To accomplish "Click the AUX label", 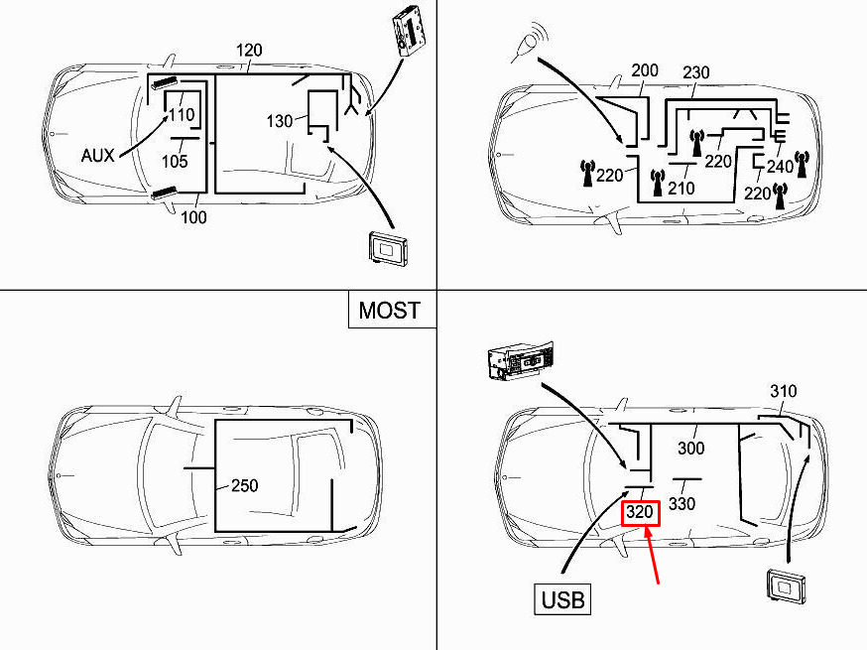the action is tap(97, 156).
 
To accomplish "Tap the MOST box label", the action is tap(389, 310).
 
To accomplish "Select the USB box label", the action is tap(562, 599).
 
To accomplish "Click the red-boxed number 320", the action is tap(640, 512).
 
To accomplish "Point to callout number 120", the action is tap(249, 51).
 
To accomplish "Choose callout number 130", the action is tap(279, 121).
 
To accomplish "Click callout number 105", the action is tap(175, 161).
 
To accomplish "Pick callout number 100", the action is tap(193, 217).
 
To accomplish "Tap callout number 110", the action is tap(182, 114).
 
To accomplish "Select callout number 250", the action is tap(244, 485).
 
